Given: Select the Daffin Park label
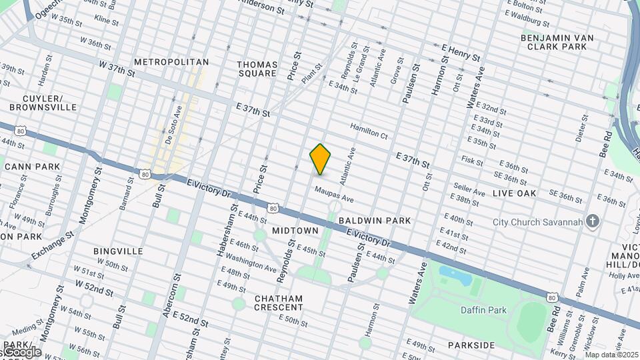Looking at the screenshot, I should (x=483, y=310).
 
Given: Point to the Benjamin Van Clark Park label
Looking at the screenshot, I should (x=557, y=42).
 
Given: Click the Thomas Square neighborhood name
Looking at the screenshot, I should (x=257, y=69).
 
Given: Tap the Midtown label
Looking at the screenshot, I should (x=295, y=231).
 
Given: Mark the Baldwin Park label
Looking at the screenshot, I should (x=374, y=220).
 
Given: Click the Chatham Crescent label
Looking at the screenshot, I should (x=279, y=303).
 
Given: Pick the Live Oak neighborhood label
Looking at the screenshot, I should (x=514, y=193).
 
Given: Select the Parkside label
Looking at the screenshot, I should (x=471, y=345).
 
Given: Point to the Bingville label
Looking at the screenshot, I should (x=118, y=251).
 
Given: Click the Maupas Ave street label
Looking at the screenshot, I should (x=334, y=195).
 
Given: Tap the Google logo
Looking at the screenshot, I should (x=21, y=351).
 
